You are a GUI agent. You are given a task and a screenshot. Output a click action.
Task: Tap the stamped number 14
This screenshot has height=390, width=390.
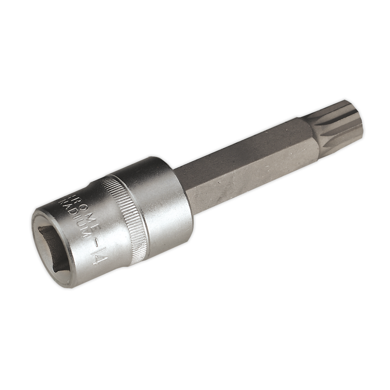tap(97, 254)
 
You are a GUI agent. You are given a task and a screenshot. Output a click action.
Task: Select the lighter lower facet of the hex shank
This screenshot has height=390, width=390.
tap(251, 175)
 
